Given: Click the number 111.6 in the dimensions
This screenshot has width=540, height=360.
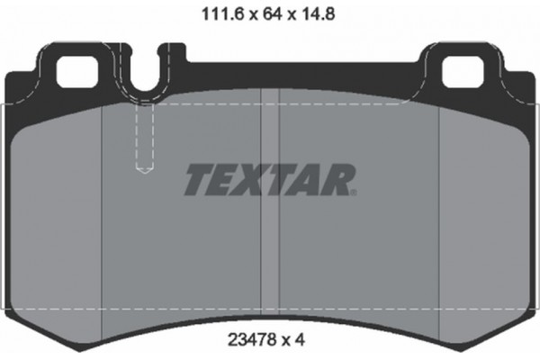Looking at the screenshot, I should point(216,13).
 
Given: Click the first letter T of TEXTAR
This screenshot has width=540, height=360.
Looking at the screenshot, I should point(200,180).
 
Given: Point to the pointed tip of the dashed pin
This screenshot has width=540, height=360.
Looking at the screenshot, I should point(144,170).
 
